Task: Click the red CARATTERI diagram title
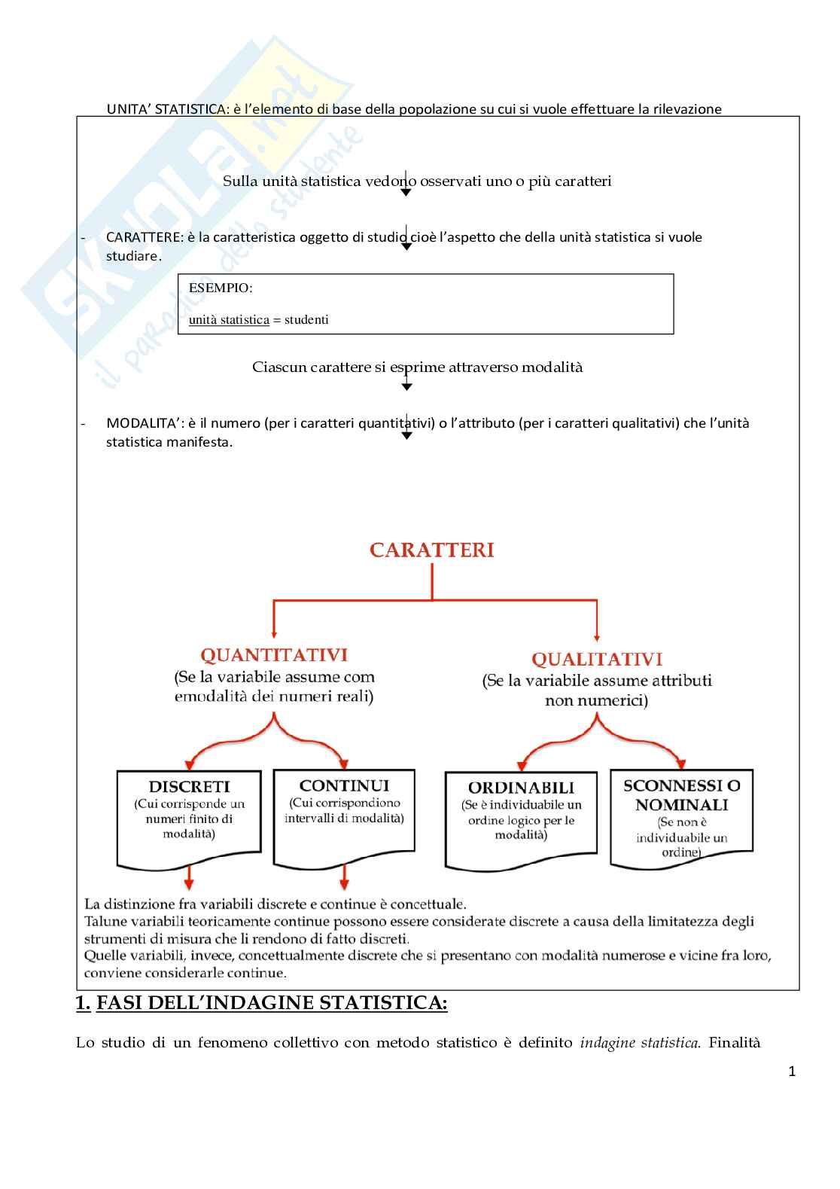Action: click(431, 550)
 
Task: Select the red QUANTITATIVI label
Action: click(274, 655)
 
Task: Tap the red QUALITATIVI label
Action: click(597, 660)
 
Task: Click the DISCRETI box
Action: click(189, 817)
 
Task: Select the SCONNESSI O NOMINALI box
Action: click(681, 817)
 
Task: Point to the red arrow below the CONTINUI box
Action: click(344, 878)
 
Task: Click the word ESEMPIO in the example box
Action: click(220, 288)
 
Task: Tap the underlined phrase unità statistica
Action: click(229, 319)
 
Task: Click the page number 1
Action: click(791, 1072)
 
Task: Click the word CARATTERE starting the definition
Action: click(145, 237)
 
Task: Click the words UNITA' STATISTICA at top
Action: click(166, 109)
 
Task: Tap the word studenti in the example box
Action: click(306, 319)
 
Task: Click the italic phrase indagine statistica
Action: click(639, 1043)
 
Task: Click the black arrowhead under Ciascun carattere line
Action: click(406, 387)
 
